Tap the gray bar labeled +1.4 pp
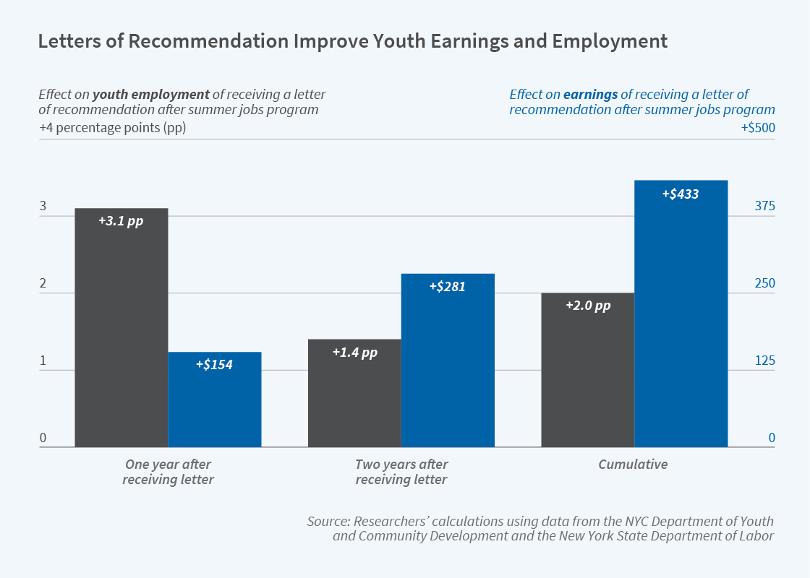point(354,393)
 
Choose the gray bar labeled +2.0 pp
point(587,370)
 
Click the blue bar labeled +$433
point(681,314)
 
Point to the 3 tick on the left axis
point(43,207)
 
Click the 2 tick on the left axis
point(43,284)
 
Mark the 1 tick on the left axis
point(43,361)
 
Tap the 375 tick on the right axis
point(764,207)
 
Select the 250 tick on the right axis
point(764,284)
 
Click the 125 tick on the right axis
point(764,361)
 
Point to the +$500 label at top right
point(757,128)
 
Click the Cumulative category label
point(633,465)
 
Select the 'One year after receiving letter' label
point(169,472)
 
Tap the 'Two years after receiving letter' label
point(401,472)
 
